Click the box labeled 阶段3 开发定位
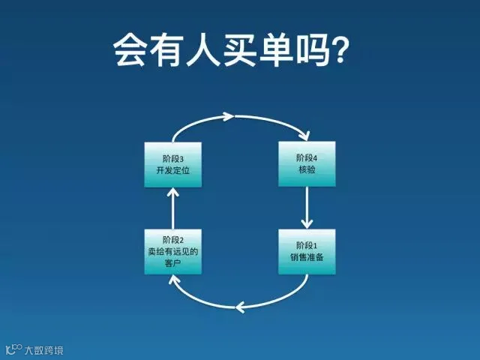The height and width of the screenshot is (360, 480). (x=172, y=164)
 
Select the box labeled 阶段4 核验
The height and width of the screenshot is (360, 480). (x=307, y=164)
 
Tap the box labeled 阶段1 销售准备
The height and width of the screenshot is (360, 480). (x=307, y=251)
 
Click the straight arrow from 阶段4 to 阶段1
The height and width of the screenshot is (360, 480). (x=307, y=208)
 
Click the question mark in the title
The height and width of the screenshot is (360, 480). (x=346, y=49)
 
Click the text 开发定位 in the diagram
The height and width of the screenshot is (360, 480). (x=172, y=170)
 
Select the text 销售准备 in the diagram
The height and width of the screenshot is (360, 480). (x=307, y=257)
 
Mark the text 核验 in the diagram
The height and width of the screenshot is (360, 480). (x=307, y=170)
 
